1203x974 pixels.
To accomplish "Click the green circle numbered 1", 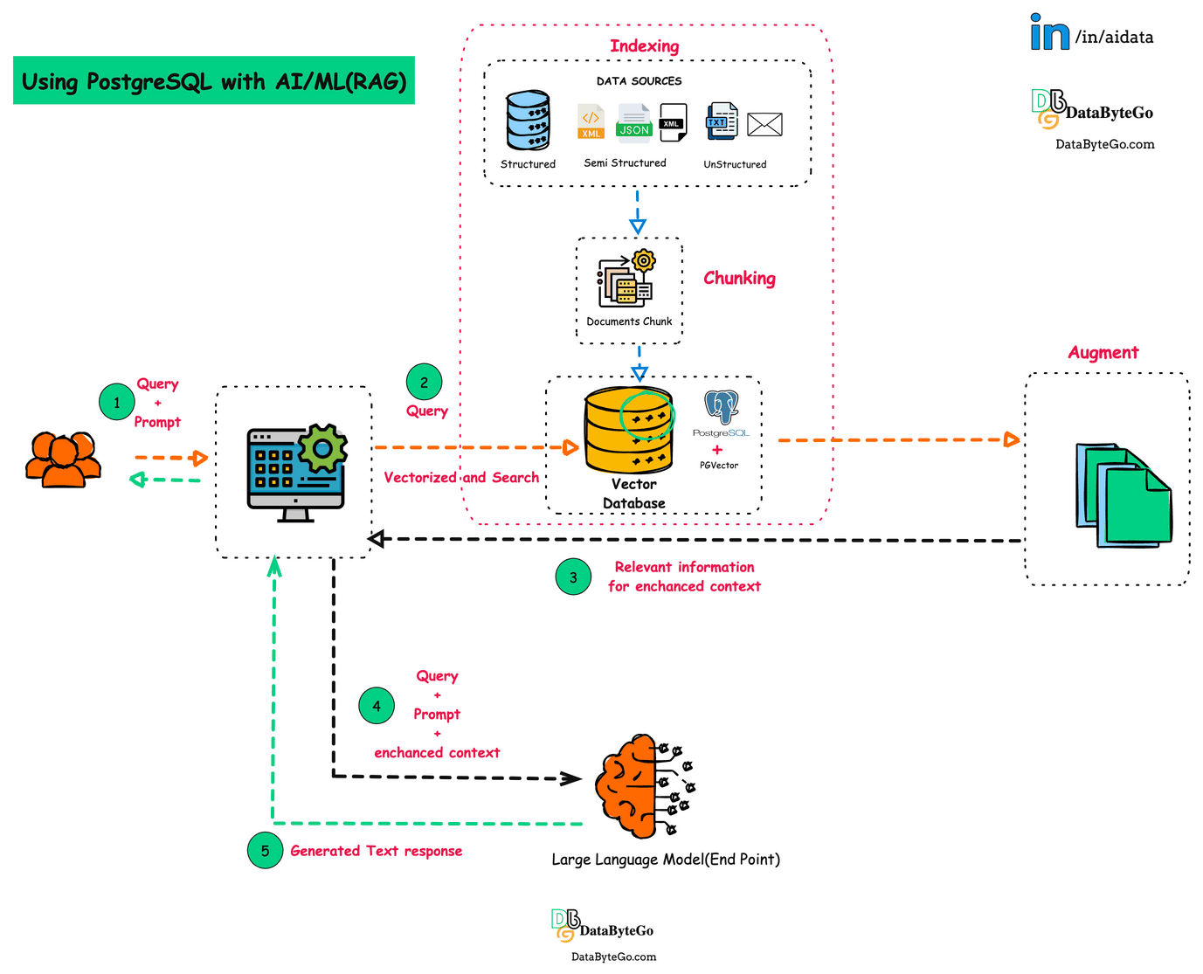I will click(117, 403).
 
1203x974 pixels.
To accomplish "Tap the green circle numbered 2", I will click(424, 383).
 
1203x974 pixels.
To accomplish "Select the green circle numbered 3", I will click(573, 577).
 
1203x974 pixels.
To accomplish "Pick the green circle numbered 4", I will click(377, 706).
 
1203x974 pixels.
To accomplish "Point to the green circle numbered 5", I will click(265, 851).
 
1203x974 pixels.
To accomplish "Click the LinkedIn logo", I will click(1049, 32).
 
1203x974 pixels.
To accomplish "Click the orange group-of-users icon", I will click(63, 459).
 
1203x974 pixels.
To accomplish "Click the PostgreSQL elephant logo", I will click(722, 407).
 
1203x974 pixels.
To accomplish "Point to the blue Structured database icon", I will click(528, 121).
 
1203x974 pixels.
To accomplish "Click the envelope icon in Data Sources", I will click(764, 125).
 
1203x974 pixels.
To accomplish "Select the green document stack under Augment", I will click(1123, 496).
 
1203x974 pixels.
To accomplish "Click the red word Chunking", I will click(739, 279).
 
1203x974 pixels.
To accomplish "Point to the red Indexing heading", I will click(644, 46).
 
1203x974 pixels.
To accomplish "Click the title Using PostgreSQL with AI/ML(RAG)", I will click(214, 81).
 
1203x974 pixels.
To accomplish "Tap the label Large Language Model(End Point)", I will click(665, 860).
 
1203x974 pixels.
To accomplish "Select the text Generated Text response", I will click(376, 851).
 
